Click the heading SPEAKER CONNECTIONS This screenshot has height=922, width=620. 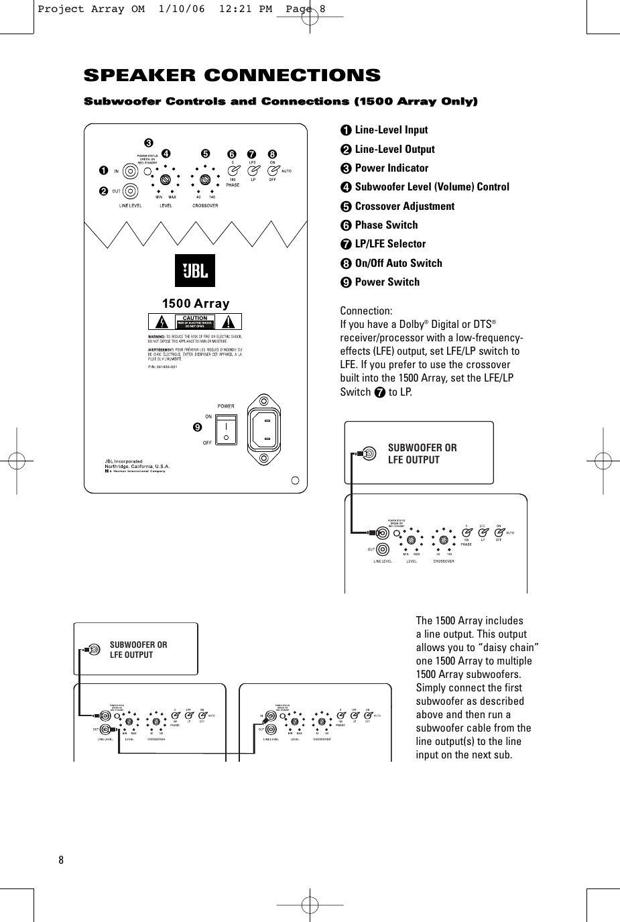coord(231,75)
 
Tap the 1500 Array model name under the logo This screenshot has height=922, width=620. coord(195,304)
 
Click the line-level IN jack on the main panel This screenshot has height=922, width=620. coord(131,172)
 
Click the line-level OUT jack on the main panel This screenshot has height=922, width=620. coord(131,190)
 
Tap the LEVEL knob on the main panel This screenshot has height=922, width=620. coord(166,180)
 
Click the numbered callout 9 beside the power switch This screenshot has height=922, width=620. coord(197,427)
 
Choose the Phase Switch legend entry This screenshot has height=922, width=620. coord(385,225)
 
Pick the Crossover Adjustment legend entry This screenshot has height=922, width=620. coord(404,207)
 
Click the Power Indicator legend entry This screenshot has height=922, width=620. coord(391,168)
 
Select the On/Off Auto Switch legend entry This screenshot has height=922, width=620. coord(398,264)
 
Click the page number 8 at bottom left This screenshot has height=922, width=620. coord(60,860)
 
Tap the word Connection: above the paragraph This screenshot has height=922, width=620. coord(367,311)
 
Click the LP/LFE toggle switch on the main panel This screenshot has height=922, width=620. coord(253,170)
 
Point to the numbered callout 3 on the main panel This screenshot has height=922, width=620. coord(148,143)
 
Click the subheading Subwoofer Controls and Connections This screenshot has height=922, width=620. coord(280,101)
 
